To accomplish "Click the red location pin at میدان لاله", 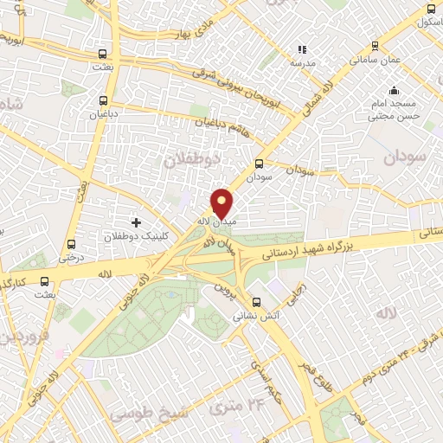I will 222,203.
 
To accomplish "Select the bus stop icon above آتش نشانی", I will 255,302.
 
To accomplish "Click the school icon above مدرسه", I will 302,50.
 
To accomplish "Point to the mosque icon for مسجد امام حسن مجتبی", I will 394,90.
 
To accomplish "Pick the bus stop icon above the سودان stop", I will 259,163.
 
